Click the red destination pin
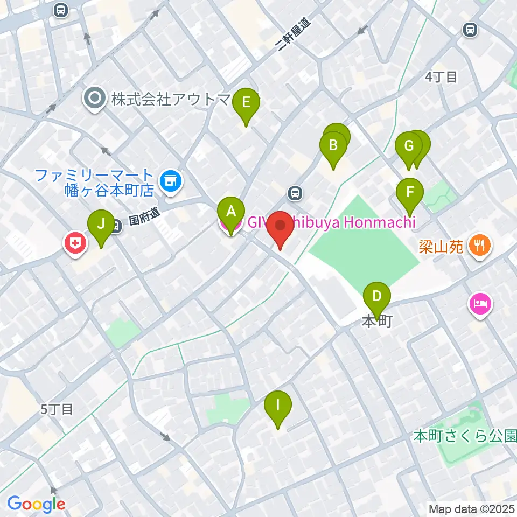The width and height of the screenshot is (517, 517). (x=280, y=228)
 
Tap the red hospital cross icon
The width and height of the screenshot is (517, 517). (x=76, y=244)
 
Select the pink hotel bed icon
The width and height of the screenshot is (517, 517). (x=480, y=303)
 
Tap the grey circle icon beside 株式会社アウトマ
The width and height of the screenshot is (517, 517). (x=95, y=99)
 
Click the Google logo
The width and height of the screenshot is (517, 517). (x=36, y=504)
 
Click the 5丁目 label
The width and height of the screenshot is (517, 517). (x=57, y=409)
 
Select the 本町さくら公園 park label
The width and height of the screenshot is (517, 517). (x=465, y=435)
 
